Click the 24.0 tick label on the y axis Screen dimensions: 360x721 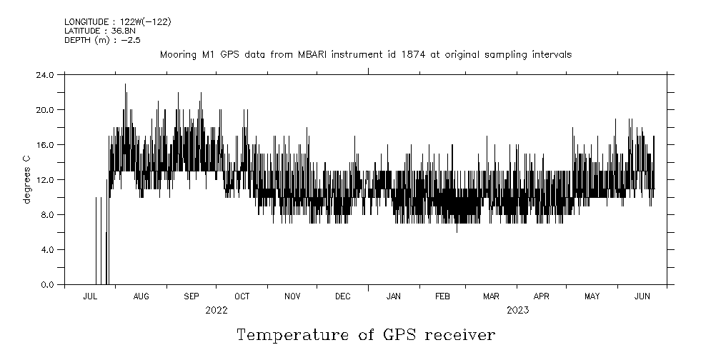[x=44, y=74]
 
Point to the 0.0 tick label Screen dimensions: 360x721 [x=47, y=284]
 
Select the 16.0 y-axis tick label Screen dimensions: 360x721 [x=44, y=144]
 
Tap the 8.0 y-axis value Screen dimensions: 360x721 [x=47, y=214]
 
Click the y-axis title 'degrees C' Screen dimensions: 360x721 [x=26, y=179]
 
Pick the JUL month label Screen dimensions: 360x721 [x=90, y=296]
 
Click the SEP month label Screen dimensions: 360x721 [x=192, y=296]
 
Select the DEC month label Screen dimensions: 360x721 [x=342, y=296]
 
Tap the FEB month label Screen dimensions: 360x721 [x=442, y=296]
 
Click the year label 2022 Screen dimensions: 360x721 [x=216, y=310]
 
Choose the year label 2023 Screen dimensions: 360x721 [x=517, y=310]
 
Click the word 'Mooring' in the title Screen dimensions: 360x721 [x=176, y=54]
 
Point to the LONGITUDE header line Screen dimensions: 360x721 [x=117, y=21]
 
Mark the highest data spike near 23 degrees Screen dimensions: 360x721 [x=125, y=84]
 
